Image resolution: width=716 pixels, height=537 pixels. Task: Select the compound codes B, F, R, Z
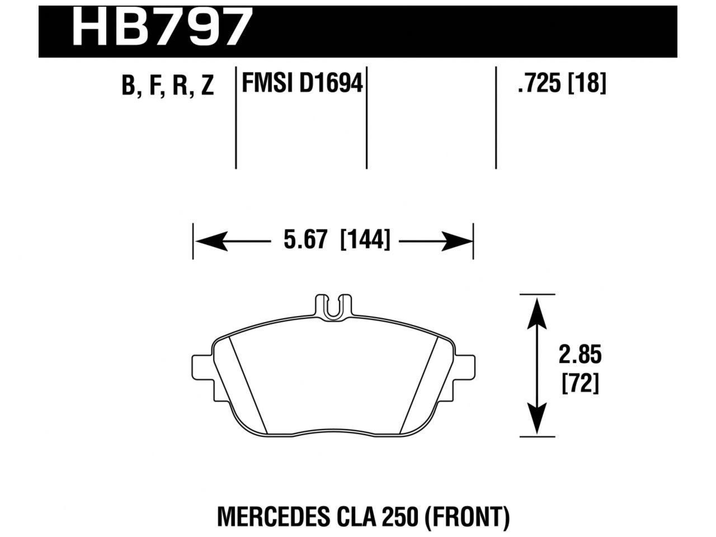tap(168, 86)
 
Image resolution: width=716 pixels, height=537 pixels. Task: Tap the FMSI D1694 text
tap(302, 84)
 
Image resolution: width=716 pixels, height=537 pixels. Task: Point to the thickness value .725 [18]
tap(562, 84)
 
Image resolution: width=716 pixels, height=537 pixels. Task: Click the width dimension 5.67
tap(304, 241)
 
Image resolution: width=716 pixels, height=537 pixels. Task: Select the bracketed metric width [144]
tap(365, 241)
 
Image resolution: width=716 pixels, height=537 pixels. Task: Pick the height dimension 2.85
tap(580, 355)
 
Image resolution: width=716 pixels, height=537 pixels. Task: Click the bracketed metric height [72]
tap(580, 384)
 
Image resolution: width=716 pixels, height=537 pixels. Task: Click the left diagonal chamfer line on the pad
tap(248, 386)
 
